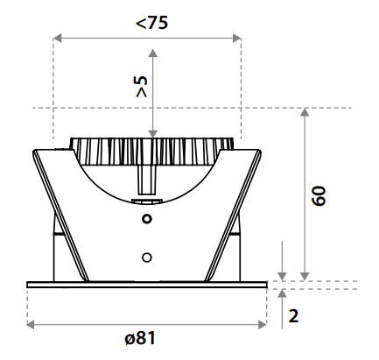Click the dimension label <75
pos(152,23)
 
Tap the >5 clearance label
pos(142,87)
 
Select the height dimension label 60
pos(319,195)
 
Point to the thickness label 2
pos(293,316)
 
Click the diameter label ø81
pos(140,338)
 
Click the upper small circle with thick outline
pos(147,218)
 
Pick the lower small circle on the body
pos(147,258)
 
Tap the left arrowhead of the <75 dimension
pos(57,38)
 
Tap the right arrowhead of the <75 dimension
pos(237,38)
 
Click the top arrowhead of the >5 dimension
pos(152,53)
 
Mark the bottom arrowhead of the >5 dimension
pos(152,134)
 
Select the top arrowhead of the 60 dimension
pos(305,112)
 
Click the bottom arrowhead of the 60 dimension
pos(305,277)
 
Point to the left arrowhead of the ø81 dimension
pos(31,324)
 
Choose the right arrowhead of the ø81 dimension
pos(263,324)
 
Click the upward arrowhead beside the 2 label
pos(282,293)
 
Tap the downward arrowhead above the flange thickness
pos(282,277)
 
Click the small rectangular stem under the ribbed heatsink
pos(146,180)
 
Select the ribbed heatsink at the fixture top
pos(151,152)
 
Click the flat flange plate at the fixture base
pos(147,285)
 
